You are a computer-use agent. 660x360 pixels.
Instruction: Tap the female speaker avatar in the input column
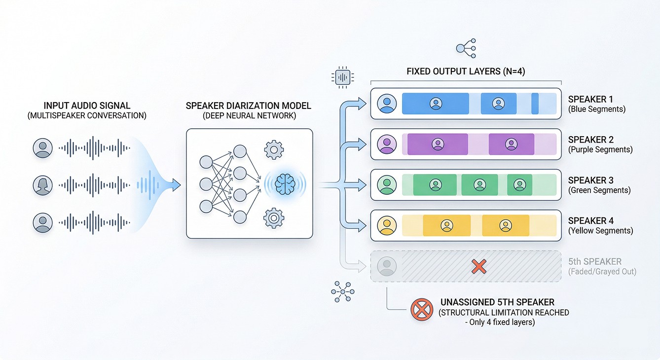click(43, 185)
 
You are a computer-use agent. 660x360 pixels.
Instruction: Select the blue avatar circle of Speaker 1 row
click(387, 104)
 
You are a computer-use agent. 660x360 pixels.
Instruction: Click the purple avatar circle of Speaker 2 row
click(387, 144)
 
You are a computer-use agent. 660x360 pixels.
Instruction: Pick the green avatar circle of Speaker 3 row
click(387, 185)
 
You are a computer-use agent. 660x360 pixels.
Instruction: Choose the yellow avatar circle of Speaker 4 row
click(387, 225)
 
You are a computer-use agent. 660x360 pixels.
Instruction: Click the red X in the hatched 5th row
click(478, 267)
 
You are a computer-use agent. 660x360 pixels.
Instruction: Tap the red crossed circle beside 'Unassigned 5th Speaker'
click(421, 310)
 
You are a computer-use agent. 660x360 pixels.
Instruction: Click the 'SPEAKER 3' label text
click(590, 180)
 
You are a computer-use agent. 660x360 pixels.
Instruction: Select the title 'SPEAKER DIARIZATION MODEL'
click(249, 106)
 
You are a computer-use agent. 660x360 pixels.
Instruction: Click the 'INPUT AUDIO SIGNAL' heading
click(87, 106)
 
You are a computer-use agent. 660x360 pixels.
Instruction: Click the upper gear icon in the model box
click(274, 149)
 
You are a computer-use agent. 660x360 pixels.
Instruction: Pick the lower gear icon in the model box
click(274, 217)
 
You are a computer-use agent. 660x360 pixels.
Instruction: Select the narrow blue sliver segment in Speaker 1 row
click(535, 104)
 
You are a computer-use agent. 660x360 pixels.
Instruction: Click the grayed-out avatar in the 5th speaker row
click(386, 266)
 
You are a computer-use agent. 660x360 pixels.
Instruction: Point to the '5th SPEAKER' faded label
click(595, 262)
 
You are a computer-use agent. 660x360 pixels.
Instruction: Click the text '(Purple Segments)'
click(600, 149)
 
